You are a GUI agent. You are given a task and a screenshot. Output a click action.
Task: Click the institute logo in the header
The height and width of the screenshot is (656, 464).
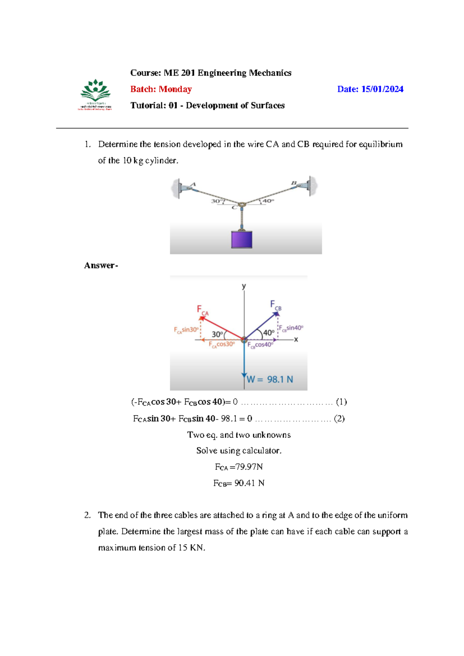coord(95,94)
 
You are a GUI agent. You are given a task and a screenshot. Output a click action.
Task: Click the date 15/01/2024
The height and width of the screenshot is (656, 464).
coord(382,89)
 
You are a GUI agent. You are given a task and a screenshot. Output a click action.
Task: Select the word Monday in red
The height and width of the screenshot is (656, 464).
coord(175,89)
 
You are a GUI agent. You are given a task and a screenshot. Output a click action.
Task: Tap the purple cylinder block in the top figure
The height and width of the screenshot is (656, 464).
coord(242,239)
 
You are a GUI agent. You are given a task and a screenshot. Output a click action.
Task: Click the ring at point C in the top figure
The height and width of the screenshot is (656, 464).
coord(242,204)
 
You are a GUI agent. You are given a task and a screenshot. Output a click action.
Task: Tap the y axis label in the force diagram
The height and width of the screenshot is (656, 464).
coord(244,286)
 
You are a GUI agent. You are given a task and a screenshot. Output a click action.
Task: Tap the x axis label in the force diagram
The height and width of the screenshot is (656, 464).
coord(296,340)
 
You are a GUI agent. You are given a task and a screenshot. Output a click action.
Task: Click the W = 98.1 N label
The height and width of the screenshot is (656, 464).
coord(270,379)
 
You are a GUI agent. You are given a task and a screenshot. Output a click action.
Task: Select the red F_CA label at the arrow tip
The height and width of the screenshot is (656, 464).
coord(202,310)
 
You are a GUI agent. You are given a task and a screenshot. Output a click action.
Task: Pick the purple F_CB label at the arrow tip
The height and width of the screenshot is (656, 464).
coord(275,305)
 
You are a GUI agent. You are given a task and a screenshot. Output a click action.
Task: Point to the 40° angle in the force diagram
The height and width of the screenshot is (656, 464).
coord(269,333)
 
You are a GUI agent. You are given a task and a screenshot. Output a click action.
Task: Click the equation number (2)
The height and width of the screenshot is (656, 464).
coord(339,419)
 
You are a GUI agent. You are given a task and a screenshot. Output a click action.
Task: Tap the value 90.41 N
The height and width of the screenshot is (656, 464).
coord(249,483)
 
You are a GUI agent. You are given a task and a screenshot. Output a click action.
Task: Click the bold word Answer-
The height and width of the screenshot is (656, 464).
coord(101,265)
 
